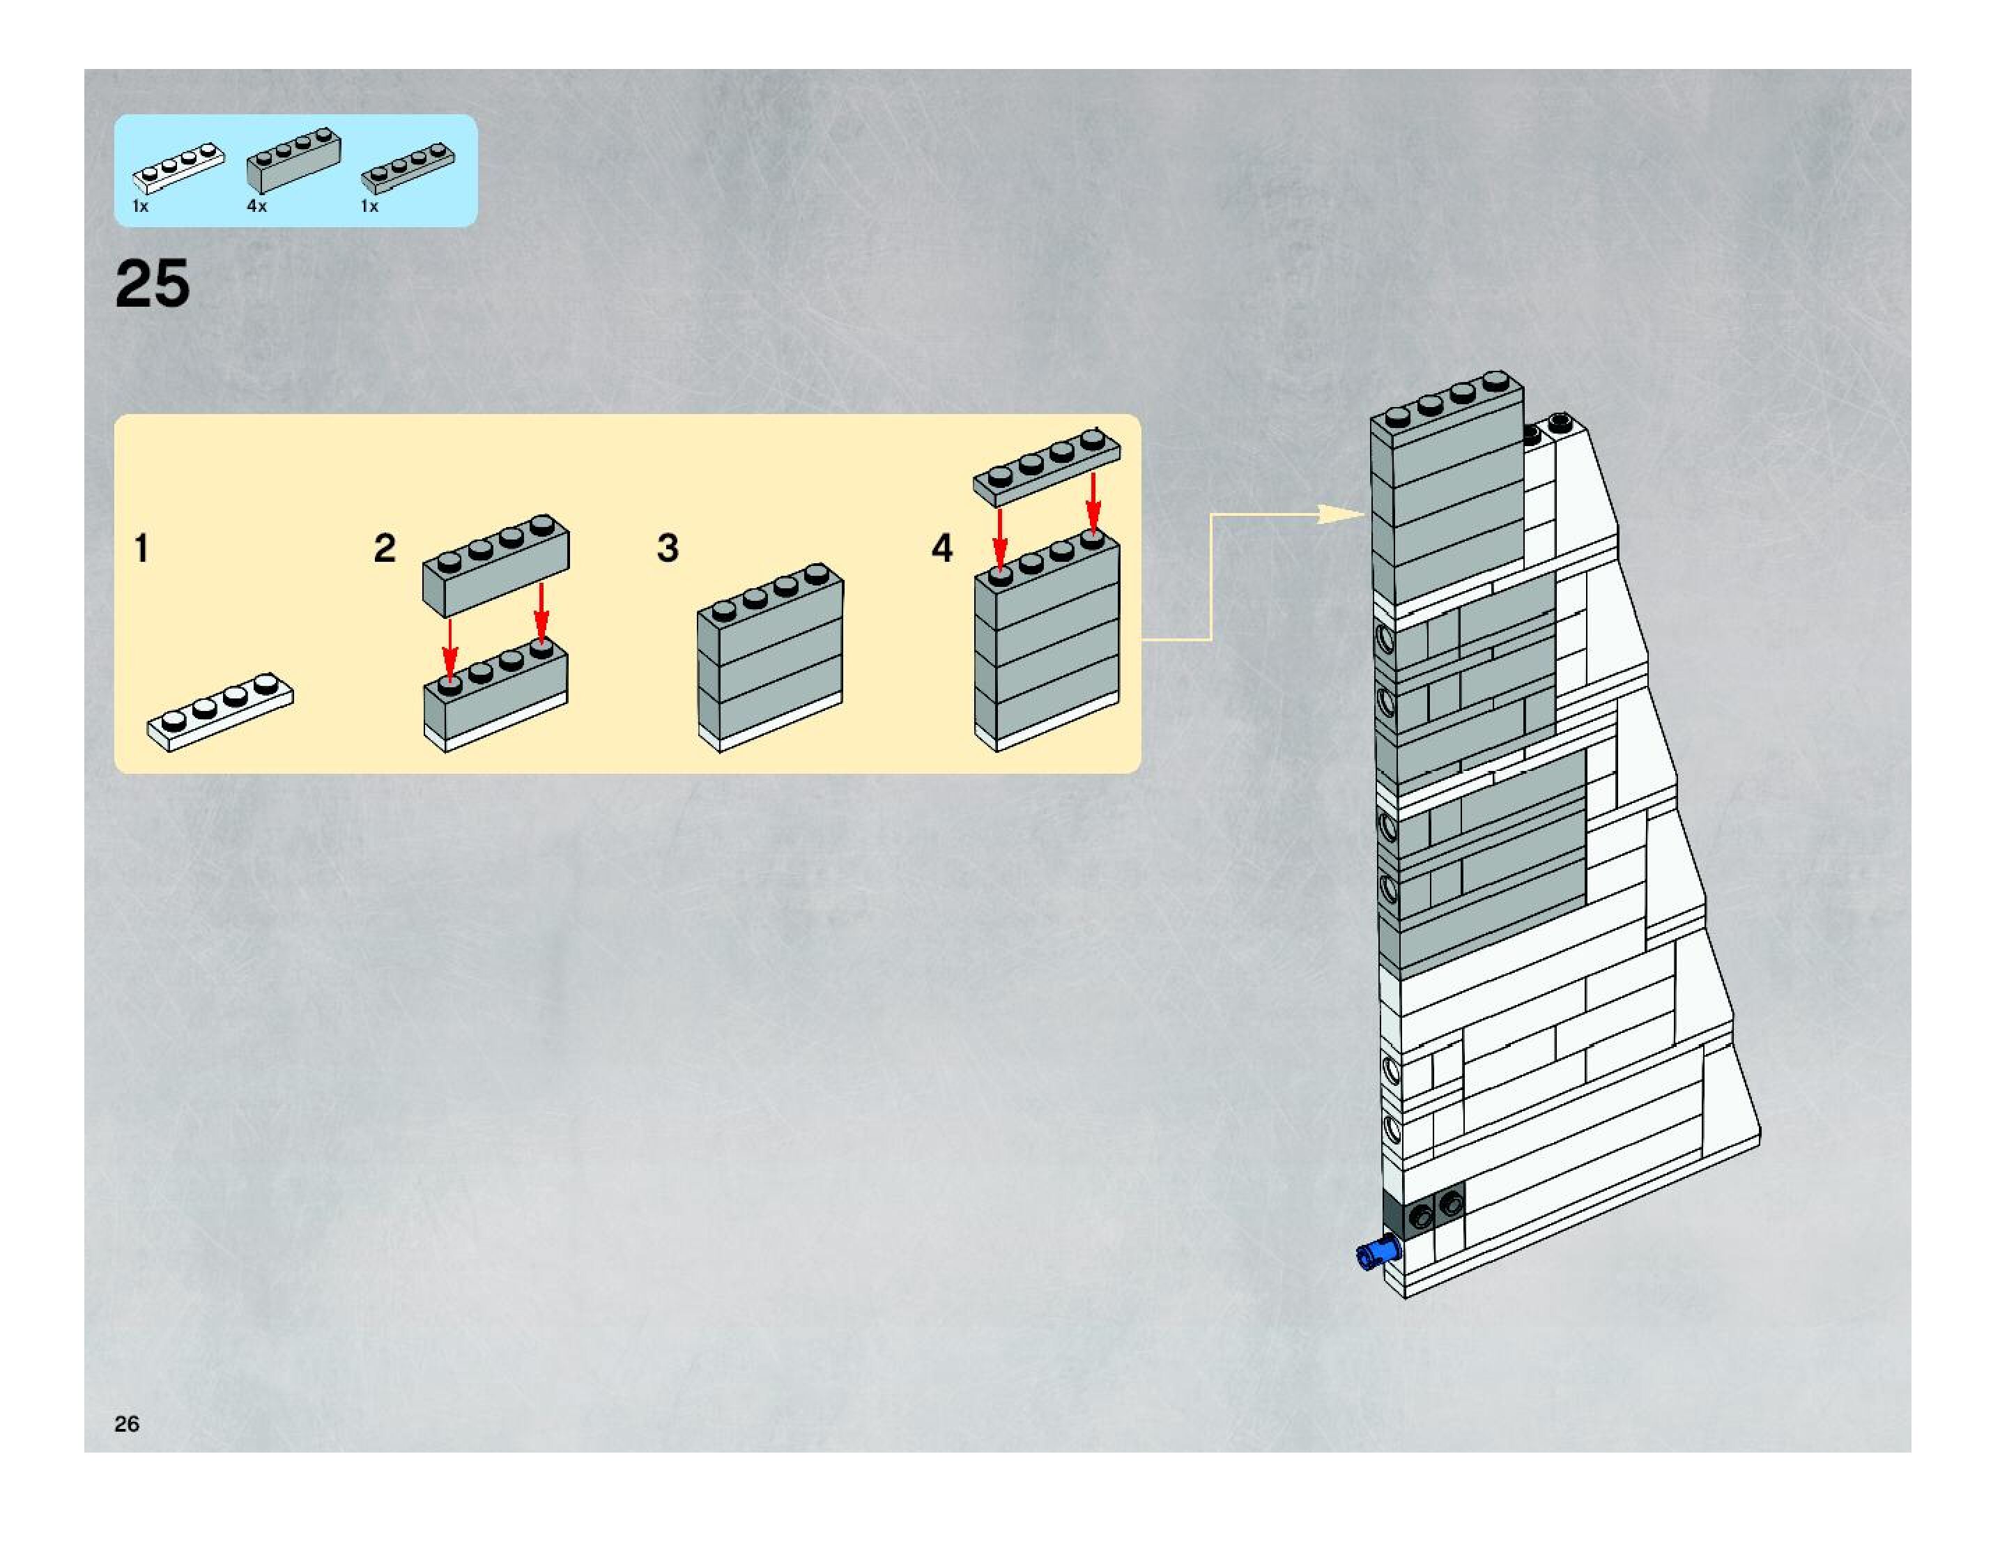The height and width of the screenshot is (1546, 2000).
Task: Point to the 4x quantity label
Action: pyautogui.click(x=256, y=206)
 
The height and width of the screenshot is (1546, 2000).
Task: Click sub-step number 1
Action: pyautogui.click(x=141, y=549)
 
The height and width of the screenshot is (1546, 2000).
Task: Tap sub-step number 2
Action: pyautogui.click(x=385, y=549)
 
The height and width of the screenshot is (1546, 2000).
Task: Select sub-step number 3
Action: pyautogui.click(x=668, y=549)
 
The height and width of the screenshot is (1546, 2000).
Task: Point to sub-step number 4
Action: pyautogui.click(x=942, y=549)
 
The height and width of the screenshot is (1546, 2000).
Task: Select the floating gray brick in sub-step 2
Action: pyautogui.click(x=495, y=565)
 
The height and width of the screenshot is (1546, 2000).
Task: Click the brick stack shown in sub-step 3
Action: pyautogui.click(x=770, y=657)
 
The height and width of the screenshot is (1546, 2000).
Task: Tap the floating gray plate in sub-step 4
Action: pyautogui.click(x=1046, y=467)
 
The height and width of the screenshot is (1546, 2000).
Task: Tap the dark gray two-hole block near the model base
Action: pyautogui.click(x=1431, y=1213)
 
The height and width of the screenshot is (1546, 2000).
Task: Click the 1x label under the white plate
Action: pyautogui.click(x=140, y=207)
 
